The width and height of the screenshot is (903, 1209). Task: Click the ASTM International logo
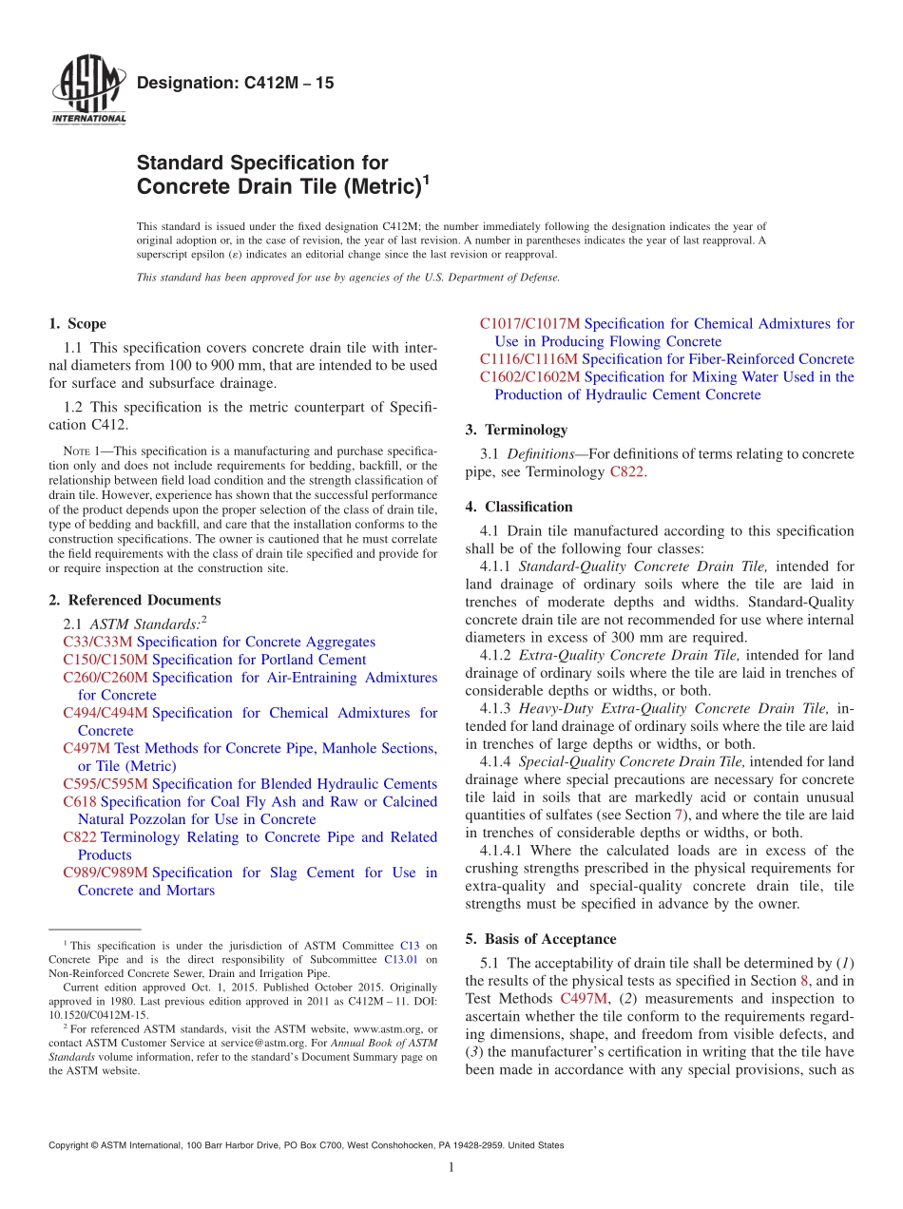(87, 91)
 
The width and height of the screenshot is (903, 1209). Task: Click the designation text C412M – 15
(235, 84)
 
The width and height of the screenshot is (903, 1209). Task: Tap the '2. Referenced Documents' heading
(134, 600)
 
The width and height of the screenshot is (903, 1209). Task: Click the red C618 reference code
(80, 801)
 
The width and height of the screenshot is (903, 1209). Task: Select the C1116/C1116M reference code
(528, 359)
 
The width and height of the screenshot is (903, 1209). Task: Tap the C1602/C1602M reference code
(529, 377)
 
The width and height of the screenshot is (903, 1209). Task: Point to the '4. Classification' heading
(519, 507)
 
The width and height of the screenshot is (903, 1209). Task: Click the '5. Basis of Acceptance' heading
(540, 939)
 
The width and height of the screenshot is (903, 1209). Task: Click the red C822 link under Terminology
(627, 471)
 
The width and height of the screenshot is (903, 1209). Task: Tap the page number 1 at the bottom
(451, 1168)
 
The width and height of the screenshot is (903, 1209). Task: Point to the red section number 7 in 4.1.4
(679, 816)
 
